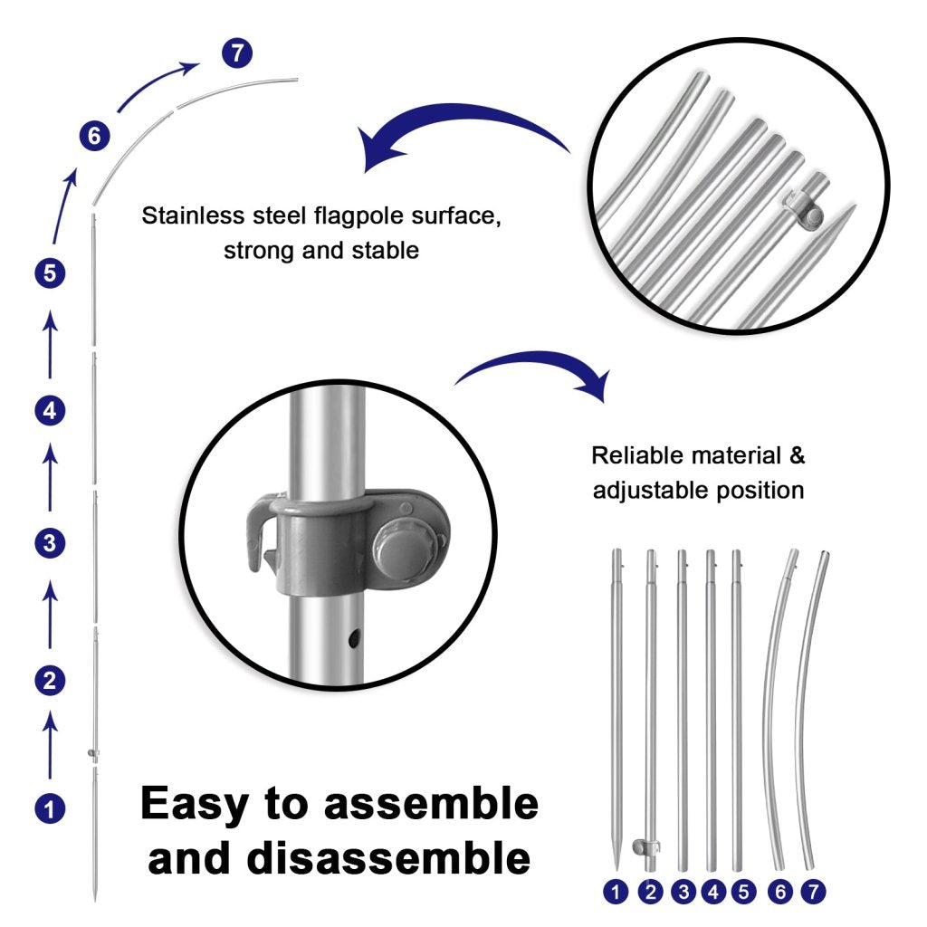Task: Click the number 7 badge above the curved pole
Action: coord(237,53)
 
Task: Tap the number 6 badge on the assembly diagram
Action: coord(94,137)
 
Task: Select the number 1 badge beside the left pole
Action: coord(50,807)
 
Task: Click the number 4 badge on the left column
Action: coord(50,411)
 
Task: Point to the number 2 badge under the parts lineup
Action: coord(650,892)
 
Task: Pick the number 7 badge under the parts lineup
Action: coord(813,892)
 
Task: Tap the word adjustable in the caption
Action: coord(646,491)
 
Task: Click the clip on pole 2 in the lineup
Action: coord(646,847)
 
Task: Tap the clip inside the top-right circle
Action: coord(805,206)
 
